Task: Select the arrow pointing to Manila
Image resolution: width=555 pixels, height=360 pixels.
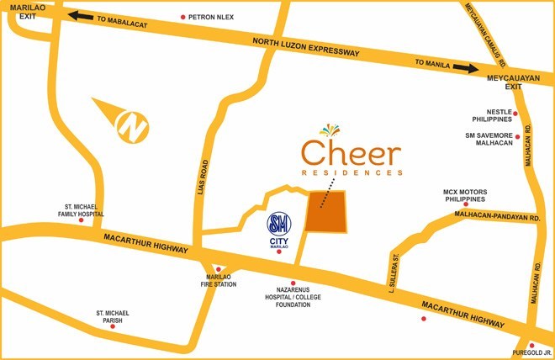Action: click(463, 68)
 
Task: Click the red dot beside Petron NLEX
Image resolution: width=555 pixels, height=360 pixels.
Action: click(183, 17)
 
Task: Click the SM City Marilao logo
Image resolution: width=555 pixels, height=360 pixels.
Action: click(278, 225)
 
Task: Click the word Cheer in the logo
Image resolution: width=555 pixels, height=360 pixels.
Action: click(351, 153)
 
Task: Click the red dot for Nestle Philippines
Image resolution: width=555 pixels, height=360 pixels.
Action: click(516, 114)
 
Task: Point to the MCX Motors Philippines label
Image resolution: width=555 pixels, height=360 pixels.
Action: click(465, 196)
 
